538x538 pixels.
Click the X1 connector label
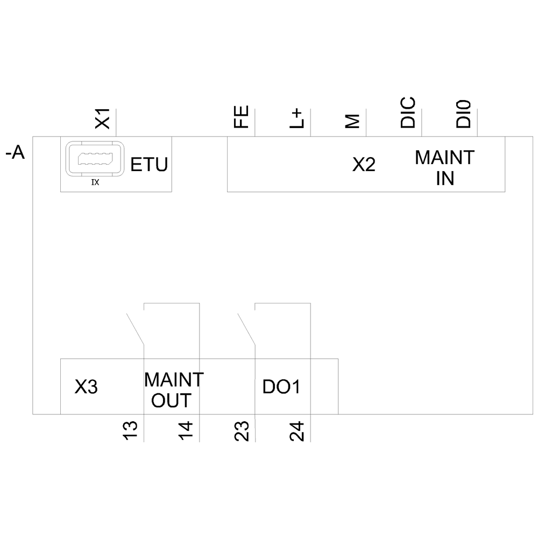102,119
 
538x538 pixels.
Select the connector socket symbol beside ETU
95,159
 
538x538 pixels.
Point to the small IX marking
95,182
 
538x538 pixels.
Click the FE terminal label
241,118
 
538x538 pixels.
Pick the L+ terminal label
297,118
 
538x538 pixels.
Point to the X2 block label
364,165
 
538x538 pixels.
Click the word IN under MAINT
445,179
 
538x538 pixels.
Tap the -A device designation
16,154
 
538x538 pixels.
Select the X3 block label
86,387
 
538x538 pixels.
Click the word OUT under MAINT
171,400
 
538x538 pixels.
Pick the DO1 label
281,387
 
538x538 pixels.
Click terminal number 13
131,431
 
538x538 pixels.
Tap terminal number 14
186,431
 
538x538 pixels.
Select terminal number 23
242,431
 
